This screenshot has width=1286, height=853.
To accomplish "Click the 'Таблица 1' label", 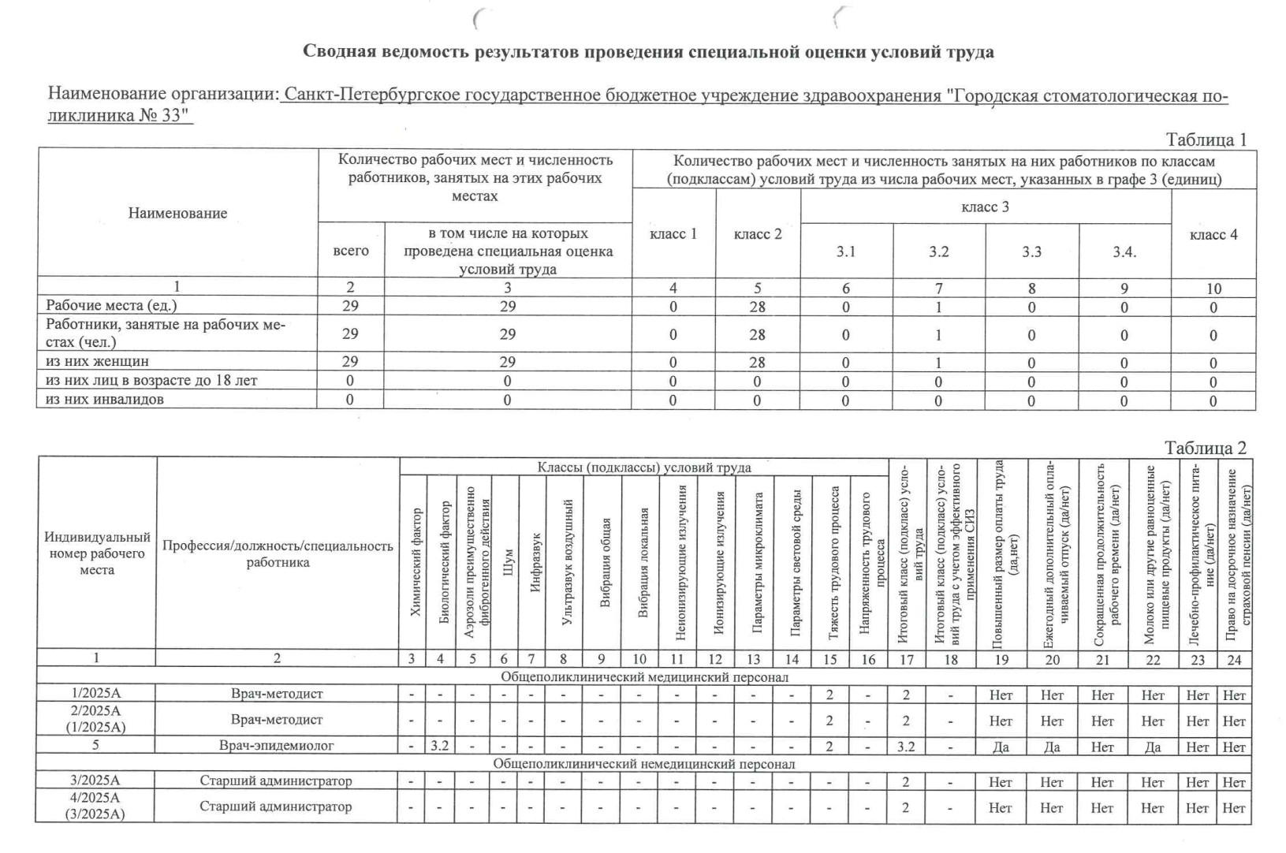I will click(x=1206, y=140).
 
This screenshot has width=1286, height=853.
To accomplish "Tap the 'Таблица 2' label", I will click(x=1206, y=448).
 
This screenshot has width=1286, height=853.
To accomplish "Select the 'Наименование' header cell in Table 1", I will click(x=177, y=213).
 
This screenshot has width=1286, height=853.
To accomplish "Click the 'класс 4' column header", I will click(x=1213, y=234).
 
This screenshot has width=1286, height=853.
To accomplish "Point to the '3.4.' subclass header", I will click(x=1124, y=251).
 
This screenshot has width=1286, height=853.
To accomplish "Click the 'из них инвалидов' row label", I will click(x=105, y=400).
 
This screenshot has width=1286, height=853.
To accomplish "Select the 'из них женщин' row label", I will click(x=97, y=362).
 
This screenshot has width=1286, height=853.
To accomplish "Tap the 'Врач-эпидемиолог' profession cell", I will click(x=277, y=746).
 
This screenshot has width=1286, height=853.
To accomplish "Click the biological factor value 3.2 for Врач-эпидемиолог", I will click(x=439, y=746).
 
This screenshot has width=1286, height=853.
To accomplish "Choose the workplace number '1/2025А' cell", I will click(x=96, y=695).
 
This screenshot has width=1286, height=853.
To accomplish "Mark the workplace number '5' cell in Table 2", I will click(x=95, y=746).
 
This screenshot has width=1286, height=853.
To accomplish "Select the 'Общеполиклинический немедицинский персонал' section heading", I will click(x=643, y=764).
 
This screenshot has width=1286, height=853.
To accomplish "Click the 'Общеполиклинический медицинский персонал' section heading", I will click(x=643, y=677).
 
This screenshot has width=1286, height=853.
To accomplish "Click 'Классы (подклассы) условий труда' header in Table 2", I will click(x=643, y=467).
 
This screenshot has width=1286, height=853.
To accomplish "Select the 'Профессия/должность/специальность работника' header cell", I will click(x=278, y=554).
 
